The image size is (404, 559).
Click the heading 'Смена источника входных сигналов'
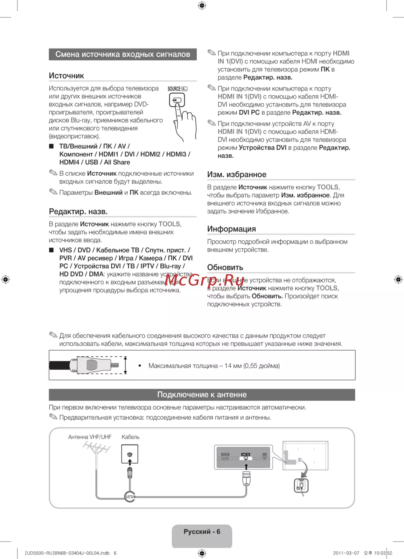click(x=122, y=55)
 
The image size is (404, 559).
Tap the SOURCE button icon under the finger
click(x=177, y=100)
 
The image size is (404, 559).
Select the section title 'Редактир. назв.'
click(x=78, y=212)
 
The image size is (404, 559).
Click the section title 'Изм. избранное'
click(x=237, y=174)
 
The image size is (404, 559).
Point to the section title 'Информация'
click(x=231, y=229)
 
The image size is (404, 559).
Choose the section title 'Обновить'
click(x=225, y=267)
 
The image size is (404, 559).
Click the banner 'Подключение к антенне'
click(x=202, y=395)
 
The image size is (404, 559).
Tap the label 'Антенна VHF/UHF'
click(x=90, y=437)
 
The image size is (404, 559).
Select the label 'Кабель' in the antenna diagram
click(x=130, y=437)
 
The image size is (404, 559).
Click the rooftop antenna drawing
click(x=97, y=448)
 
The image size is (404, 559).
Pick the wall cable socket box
click(x=130, y=454)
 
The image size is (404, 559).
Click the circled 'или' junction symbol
click(x=130, y=496)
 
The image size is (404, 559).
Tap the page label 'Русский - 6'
click(x=202, y=532)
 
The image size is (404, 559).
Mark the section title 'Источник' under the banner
click(x=66, y=76)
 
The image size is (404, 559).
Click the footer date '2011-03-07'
click(x=346, y=553)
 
